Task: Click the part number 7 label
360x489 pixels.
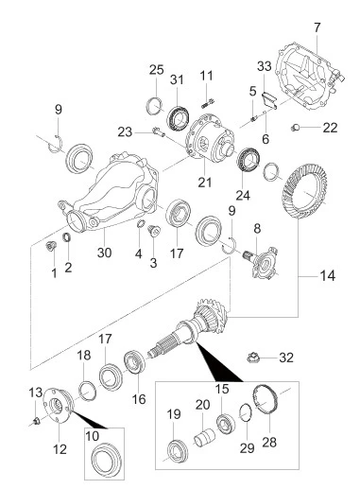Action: (317, 27)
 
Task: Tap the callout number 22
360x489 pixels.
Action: (330, 128)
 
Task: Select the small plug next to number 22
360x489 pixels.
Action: (295, 128)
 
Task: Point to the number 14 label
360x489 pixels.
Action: (328, 276)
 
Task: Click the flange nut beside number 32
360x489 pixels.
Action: (252, 358)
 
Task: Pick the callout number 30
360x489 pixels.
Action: (104, 253)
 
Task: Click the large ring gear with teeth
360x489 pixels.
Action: (305, 192)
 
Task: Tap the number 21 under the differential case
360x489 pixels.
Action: (205, 182)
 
